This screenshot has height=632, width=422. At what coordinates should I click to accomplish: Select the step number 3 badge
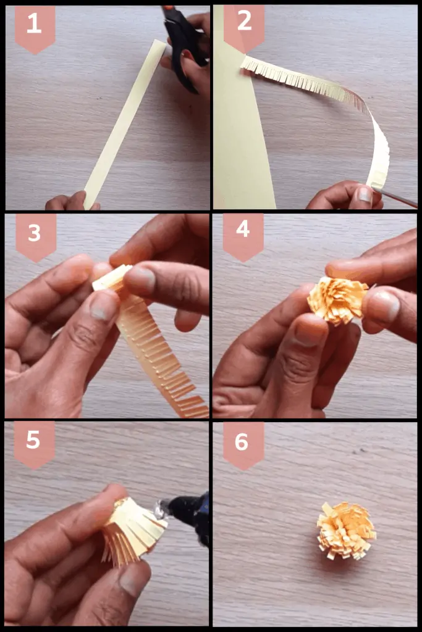pyautogui.click(x=35, y=235)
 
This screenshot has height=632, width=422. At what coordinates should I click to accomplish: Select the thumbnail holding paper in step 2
pyautogui.click(x=365, y=195)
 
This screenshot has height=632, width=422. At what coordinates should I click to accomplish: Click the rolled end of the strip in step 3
pyautogui.click(x=111, y=278)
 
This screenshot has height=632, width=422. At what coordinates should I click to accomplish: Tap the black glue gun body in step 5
pyautogui.click(x=192, y=512)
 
